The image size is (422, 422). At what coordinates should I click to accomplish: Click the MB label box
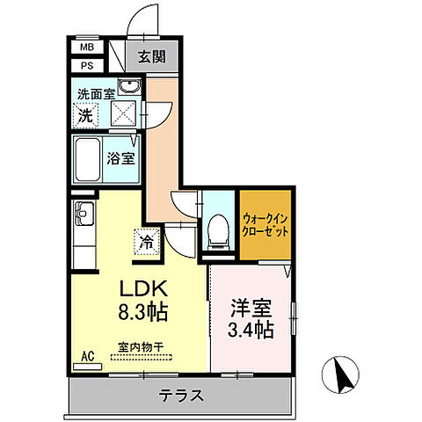click(x=86, y=47)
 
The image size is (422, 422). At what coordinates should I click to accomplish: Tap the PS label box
click(x=86, y=65)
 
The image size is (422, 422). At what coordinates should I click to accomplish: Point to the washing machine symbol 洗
click(x=85, y=114)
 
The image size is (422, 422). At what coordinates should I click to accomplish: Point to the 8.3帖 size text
click(x=141, y=312)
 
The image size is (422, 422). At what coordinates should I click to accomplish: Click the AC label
click(x=88, y=355)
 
